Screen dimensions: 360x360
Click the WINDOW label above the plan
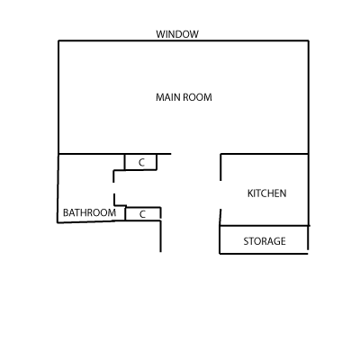[x=177, y=34]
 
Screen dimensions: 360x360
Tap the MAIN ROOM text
[x=184, y=97]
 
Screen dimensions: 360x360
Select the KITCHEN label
[x=266, y=193]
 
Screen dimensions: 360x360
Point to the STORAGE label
[x=265, y=241]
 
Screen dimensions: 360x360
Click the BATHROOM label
[x=89, y=212]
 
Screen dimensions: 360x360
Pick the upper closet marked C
[x=140, y=162]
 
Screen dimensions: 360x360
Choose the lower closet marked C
[x=143, y=214]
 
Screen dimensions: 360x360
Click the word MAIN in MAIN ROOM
[x=168, y=97]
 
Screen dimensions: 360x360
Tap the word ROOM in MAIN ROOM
[x=198, y=97]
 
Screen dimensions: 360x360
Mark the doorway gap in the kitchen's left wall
[x=220, y=195]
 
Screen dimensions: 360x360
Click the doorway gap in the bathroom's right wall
[x=113, y=188]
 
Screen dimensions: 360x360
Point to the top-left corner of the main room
[x=58, y=40]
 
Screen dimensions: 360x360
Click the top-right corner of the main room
[x=309, y=40]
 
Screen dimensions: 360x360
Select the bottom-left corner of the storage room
[x=220, y=254]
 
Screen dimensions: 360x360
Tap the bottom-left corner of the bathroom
[x=58, y=223]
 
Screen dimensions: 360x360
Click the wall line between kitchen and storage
[x=265, y=226]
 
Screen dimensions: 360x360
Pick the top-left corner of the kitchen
[x=220, y=154]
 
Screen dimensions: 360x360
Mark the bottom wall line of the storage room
[x=264, y=254]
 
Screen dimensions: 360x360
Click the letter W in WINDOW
[x=160, y=34]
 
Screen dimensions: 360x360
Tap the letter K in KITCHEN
[x=250, y=193]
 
